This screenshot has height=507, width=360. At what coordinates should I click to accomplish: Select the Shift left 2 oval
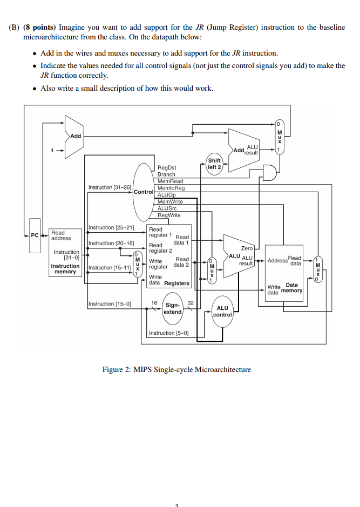[214, 164]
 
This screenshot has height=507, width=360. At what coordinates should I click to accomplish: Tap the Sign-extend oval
[173, 308]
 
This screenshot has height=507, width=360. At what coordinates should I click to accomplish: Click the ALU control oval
[222, 311]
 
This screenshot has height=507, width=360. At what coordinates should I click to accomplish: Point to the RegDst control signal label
[167, 168]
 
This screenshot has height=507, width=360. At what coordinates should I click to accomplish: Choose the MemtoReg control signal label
[171, 188]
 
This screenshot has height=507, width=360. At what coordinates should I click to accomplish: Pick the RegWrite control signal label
[169, 215]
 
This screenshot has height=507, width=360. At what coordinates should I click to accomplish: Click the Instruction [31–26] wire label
[110, 187]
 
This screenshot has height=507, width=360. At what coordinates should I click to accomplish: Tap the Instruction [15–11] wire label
[110, 268]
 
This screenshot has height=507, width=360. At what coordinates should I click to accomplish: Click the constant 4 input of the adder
[52, 150]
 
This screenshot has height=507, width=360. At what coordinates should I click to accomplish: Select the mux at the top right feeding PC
[279, 136]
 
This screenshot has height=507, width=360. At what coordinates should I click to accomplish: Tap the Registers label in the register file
[176, 283]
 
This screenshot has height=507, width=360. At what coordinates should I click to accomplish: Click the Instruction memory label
[65, 269]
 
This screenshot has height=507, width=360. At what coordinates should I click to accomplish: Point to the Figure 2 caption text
[176, 369]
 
